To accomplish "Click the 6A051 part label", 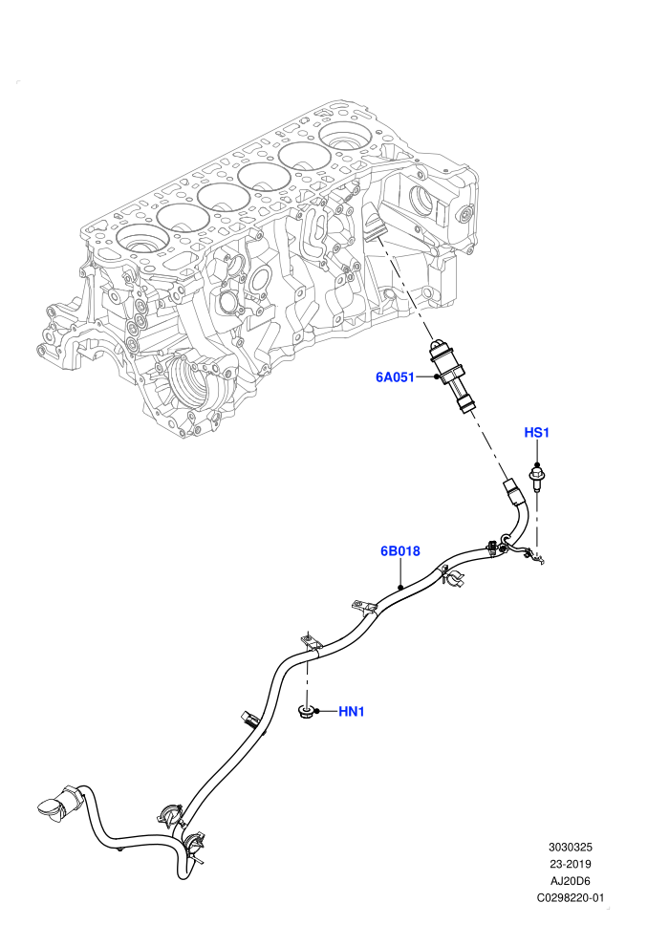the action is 395,377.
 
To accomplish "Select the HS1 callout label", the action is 536,433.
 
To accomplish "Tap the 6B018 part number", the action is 399,550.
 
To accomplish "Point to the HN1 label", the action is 351,711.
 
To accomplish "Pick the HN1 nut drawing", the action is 306,712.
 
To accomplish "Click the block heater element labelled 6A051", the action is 450,376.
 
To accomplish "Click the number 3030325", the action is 570,847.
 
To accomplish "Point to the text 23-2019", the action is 570,864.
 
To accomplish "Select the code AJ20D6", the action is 570,881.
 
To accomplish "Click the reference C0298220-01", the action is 570,897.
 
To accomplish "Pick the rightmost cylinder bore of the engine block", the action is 345,137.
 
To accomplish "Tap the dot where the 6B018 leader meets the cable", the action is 399,586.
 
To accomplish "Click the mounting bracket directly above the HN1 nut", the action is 310,642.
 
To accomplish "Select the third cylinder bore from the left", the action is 224,197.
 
